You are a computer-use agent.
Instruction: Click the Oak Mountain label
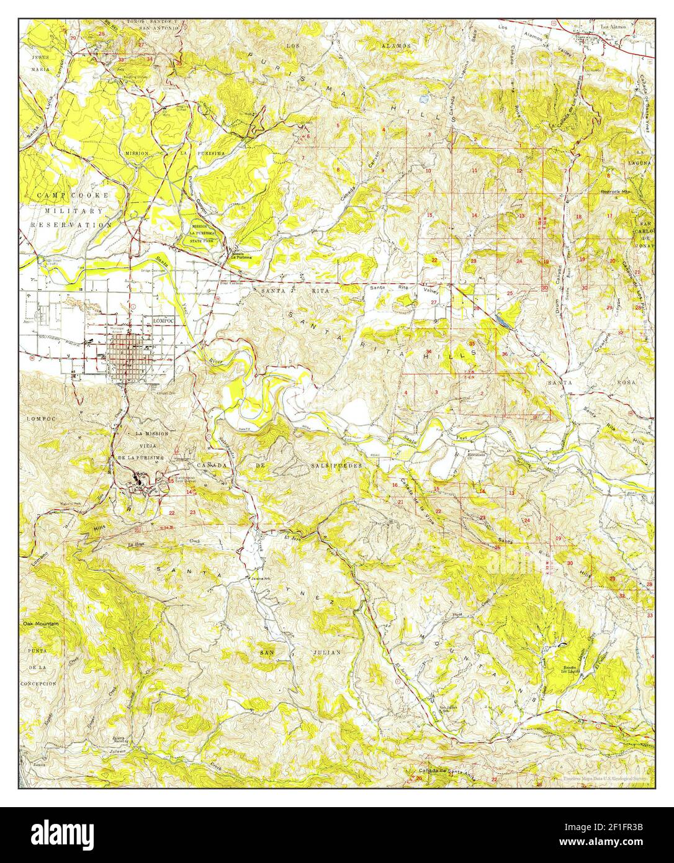point(41,623)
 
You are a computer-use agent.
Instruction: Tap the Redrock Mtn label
point(615,192)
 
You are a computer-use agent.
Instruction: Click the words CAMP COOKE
point(73,195)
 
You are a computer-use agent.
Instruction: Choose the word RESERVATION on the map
point(69,225)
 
